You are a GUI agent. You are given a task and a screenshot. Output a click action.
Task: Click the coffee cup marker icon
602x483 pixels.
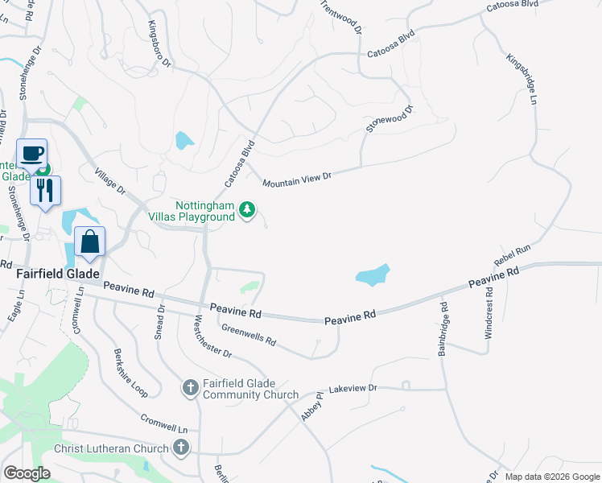click(x=32, y=153)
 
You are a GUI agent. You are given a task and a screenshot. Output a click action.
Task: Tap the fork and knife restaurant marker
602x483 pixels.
click(x=46, y=191)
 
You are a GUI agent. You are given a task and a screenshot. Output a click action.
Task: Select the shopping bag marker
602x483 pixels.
click(x=90, y=242)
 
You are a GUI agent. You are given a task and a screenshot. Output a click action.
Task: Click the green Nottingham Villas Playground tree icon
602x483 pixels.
click(x=248, y=211)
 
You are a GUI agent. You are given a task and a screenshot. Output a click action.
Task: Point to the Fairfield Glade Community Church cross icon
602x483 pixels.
click(x=190, y=388)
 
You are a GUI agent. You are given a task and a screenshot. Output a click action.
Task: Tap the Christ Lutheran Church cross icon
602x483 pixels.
click(x=182, y=448)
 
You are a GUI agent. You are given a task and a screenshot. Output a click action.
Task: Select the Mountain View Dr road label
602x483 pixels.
click(x=296, y=180)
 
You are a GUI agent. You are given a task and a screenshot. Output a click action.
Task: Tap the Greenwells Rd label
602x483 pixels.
click(x=249, y=336)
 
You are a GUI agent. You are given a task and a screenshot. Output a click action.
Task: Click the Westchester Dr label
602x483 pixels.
click(x=212, y=337)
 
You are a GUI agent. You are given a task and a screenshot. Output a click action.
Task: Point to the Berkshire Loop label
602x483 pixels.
click(x=130, y=374)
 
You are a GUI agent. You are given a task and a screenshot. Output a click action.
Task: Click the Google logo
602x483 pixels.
click(x=27, y=473)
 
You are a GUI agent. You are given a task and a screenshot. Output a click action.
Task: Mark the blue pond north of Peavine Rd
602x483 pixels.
click(x=373, y=275)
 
